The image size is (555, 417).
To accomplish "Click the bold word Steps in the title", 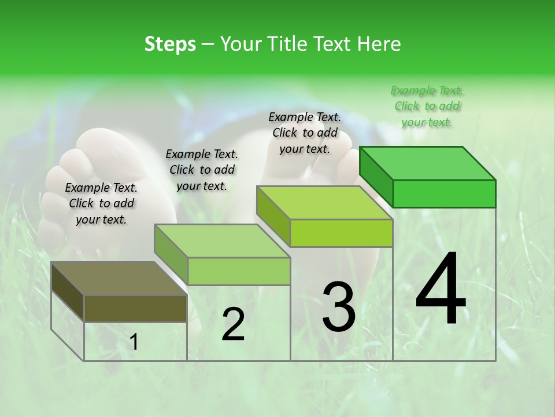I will coord(170,44).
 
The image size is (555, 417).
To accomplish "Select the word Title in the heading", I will coord(289,44).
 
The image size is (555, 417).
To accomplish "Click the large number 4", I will coord(441,290).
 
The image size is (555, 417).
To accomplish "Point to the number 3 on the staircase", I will coord(338,307).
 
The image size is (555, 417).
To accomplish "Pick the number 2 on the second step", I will coord(233,324).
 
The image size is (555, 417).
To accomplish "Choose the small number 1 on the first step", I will coord(134,342).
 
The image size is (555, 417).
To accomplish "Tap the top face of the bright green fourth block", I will coord(427,163).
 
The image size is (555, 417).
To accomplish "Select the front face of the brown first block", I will coord(135,309).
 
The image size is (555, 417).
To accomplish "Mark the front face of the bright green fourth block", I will coord(444,193).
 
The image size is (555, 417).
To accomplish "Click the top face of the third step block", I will coord(324,203).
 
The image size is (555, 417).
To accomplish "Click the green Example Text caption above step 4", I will coord(427,106).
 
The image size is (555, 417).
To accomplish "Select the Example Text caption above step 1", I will coord(101,203).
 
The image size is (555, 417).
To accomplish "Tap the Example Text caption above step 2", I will coord(202,170).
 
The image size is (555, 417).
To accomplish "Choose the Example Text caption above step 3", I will coord(305,133).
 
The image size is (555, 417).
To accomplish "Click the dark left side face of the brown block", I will coord(68,292).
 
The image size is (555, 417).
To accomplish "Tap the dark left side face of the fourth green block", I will coord(376,176).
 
